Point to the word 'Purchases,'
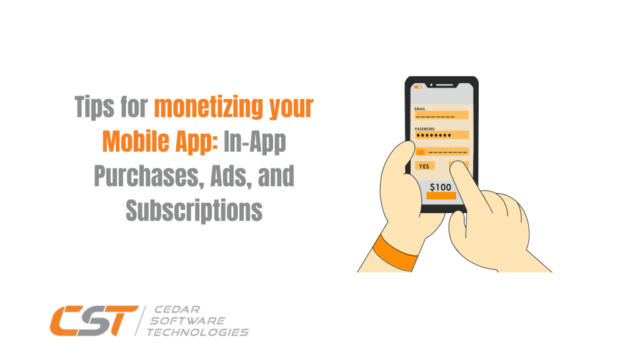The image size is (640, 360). click(x=149, y=176)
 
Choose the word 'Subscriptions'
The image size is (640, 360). click(x=194, y=210)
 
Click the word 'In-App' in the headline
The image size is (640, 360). click(x=255, y=142)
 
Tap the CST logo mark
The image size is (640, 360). click(x=94, y=321)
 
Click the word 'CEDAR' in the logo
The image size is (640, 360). click(x=177, y=309)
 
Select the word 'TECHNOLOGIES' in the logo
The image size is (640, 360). click(x=198, y=332)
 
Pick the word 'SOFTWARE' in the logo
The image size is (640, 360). click(x=187, y=321)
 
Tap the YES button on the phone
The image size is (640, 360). click(x=424, y=166)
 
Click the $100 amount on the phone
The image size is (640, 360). click(x=441, y=187)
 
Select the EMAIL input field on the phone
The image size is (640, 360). click(x=442, y=116)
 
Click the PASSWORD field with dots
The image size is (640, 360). click(x=442, y=135)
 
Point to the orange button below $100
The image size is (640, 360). click(x=441, y=196)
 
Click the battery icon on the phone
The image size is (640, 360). click(x=418, y=87)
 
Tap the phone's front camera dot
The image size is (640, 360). click(x=431, y=85)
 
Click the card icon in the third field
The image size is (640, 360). click(x=421, y=152)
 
